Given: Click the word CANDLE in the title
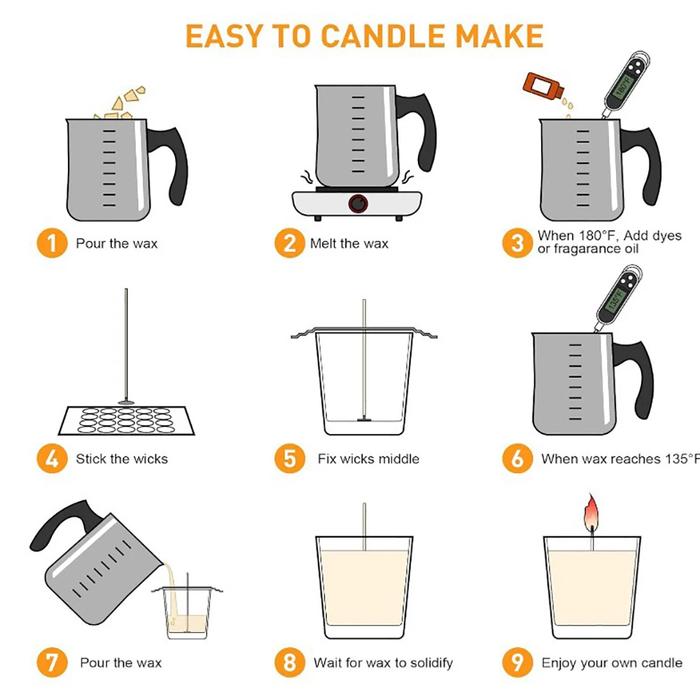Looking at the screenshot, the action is [383, 36].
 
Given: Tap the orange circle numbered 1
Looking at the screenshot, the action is [52, 244].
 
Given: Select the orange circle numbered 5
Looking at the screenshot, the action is [290, 458].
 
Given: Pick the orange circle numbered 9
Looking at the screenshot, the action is [517, 662].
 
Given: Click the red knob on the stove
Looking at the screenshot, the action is [358, 204].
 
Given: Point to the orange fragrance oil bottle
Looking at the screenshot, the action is [543, 85].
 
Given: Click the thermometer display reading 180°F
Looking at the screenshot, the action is [623, 86].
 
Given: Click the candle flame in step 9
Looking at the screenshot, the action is [591, 512].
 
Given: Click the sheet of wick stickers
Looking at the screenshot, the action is [126, 421].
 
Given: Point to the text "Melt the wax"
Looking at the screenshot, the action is [349, 244].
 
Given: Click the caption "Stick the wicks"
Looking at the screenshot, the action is [122, 458].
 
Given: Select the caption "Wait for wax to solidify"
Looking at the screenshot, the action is [383, 663].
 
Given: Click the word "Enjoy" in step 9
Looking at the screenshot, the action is [559, 664].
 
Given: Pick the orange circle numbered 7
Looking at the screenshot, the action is [52, 662].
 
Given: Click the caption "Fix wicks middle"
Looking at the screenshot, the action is [368, 458].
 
